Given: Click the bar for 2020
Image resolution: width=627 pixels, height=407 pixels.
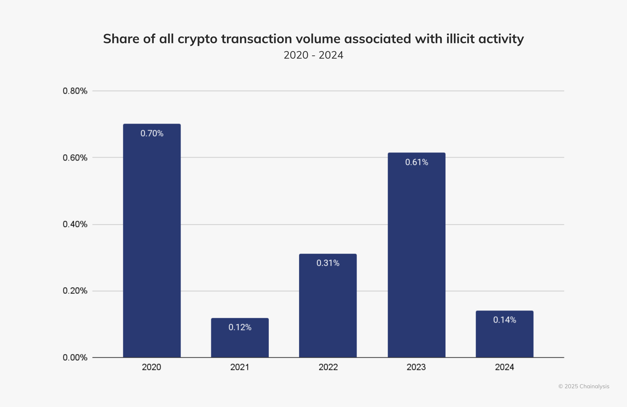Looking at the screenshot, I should (x=152, y=241).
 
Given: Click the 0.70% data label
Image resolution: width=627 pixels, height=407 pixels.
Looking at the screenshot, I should (x=152, y=133).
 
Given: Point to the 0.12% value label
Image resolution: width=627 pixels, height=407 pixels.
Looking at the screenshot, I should (x=240, y=327).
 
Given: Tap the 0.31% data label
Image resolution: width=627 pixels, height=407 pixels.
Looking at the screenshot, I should (x=328, y=263).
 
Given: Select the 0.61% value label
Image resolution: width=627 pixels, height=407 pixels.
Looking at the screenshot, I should (x=416, y=162).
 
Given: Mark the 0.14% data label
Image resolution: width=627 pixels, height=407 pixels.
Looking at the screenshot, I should (x=505, y=320).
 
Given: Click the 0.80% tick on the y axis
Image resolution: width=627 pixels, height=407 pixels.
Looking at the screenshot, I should (x=75, y=91).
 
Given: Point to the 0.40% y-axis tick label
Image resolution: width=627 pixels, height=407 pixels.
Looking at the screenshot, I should (x=75, y=224).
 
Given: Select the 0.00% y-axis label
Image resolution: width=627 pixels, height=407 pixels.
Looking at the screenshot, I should (x=75, y=358).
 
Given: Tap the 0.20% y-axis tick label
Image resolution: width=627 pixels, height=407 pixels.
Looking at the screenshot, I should (x=75, y=291).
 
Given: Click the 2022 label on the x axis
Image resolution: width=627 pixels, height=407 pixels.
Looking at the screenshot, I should (x=328, y=367).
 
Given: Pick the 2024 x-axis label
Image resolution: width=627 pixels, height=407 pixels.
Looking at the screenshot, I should (x=505, y=367).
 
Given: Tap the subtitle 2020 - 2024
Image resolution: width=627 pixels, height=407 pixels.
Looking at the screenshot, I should (x=313, y=55).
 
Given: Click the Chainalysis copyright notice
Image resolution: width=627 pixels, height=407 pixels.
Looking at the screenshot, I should (x=584, y=386).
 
